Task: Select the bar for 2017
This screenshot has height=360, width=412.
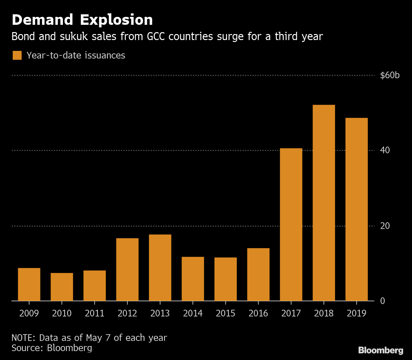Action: [x=291, y=225]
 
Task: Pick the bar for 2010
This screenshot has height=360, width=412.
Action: [x=62, y=287]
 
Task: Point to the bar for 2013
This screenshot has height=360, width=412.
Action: [x=160, y=267]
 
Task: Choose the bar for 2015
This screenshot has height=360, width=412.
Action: [x=225, y=279]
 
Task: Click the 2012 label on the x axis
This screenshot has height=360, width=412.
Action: [x=127, y=314]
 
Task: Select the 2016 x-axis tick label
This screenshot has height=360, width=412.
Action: [x=258, y=314]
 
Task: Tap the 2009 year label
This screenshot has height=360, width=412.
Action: [x=29, y=314]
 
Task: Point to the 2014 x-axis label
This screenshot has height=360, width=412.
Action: [x=193, y=314]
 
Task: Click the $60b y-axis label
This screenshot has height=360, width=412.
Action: [x=390, y=75]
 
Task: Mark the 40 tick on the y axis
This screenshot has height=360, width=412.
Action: [x=385, y=150]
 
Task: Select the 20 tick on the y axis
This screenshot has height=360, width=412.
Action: [x=385, y=226]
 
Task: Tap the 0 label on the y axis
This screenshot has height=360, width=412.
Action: [x=382, y=301]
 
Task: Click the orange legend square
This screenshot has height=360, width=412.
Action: [x=17, y=55]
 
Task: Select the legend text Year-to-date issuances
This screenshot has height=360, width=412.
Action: [x=76, y=55]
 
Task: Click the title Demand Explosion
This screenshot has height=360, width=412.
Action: [x=82, y=20]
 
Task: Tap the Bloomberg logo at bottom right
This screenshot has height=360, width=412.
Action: [x=381, y=350]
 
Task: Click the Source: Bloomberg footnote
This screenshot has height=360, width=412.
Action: [x=52, y=348]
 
